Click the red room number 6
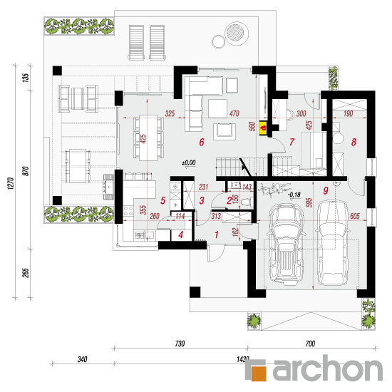tap(202, 142)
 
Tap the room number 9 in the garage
tap(326, 191)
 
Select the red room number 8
tap(354, 142)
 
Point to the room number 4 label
tap(181, 234)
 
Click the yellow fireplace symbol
tap(263, 128)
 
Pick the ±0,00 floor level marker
tap(189, 163)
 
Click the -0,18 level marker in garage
tap(294, 195)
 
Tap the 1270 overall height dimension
tap(10, 183)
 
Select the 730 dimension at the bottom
tap(180, 344)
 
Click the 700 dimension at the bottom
tap(310, 344)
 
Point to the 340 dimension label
tap(82, 359)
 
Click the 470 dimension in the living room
tap(234, 113)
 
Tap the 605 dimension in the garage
tap(355, 216)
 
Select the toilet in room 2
tap(247, 201)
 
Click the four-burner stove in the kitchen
tap(128, 211)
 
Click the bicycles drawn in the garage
tap(274, 189)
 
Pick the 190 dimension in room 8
tap(348, 113)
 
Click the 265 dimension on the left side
tap(26, 273)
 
